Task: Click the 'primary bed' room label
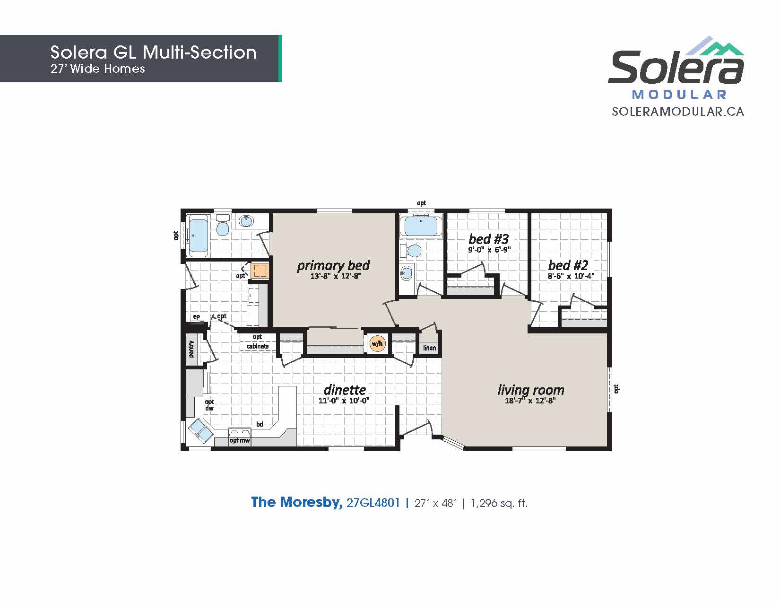tap(333, 265)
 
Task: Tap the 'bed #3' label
tap(488, 239)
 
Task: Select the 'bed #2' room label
tap(568, 265)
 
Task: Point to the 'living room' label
tap(530, 390)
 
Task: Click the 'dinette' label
tap(345, 390)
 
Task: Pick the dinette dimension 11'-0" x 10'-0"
tap(344, 401)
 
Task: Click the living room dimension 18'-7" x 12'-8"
tap(530, 401)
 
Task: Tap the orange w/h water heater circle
tap(377, 344)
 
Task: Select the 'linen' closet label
tap(429, 348)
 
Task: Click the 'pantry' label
tap(191, 349)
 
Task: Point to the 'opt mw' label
tap(239, 440)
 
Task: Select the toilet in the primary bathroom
tap(223, 226)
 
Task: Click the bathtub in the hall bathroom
tap(421, 226)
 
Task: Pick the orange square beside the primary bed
tap(259, 271)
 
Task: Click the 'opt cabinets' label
tap(257, 341)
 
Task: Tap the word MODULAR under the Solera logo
tap(679, 95)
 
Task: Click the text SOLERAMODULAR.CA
tap(678, 112)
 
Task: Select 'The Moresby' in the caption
tap(296, 502)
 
